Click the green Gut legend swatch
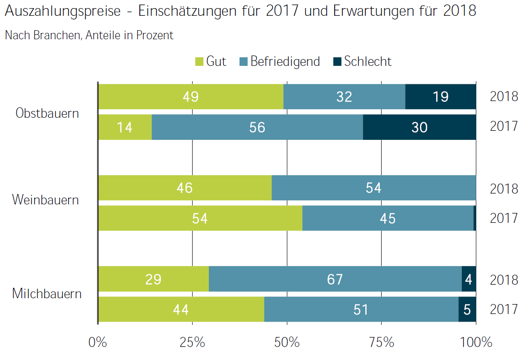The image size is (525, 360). (199, 61)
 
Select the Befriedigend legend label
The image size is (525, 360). (285, 61)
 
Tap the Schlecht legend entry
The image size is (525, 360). (368, 61)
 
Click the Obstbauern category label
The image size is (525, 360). (47, 113)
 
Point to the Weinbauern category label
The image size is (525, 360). (46, 199)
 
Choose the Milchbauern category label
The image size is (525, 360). (47, 294)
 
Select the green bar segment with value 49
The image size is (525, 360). (191, 97)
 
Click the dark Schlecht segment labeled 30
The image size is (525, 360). (419, 127)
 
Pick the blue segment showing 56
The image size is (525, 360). (257, 127)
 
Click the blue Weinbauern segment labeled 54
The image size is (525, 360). (373, 188)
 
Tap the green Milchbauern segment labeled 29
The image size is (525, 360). (153, 279)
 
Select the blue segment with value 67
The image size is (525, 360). (335, 279)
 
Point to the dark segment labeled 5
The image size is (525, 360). (467, 309)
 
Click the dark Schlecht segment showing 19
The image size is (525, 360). (441, 97)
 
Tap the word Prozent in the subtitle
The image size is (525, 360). (157, 35)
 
